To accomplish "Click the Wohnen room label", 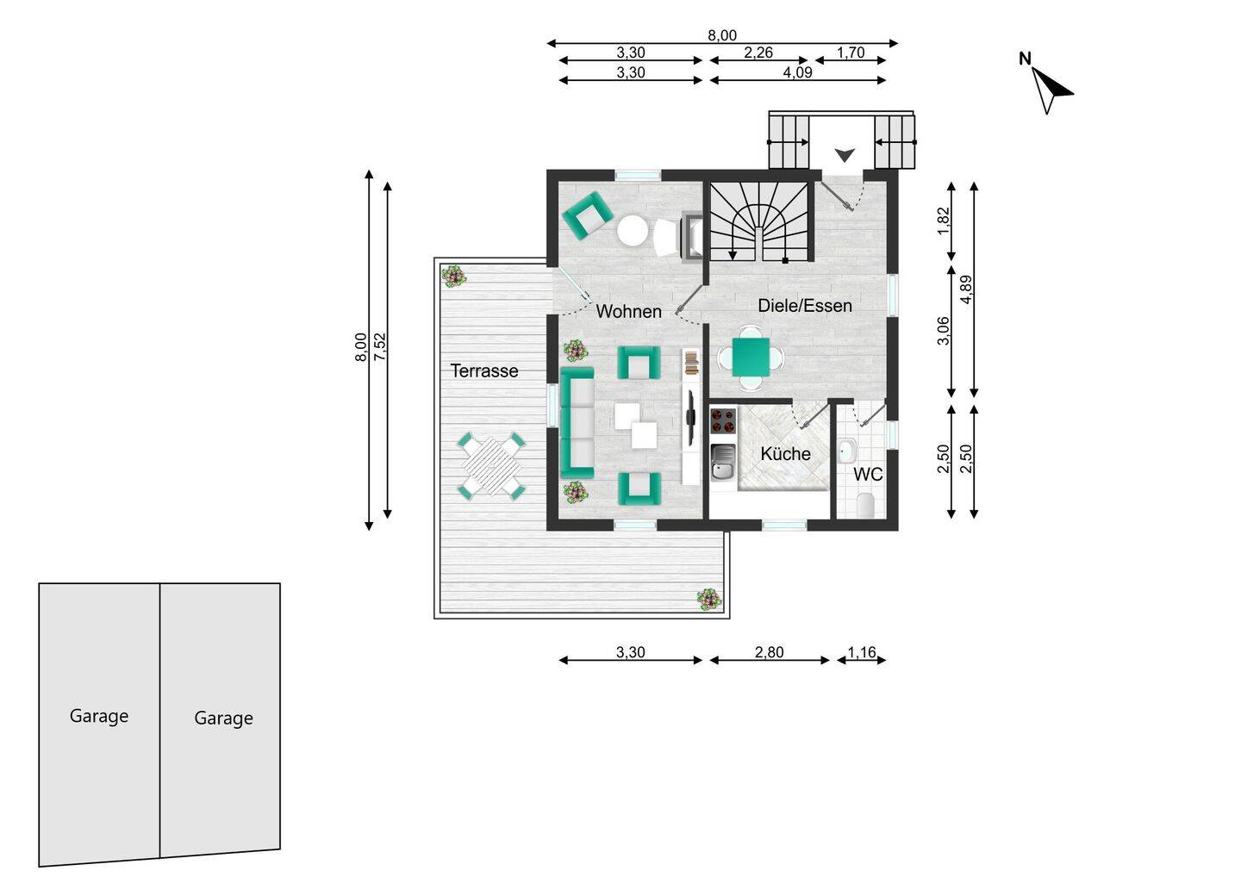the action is (x=629, y=312).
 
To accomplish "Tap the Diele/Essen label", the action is (x=805, y=306).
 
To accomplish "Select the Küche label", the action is (x=786, y=454).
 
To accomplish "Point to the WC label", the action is (x=868, y=475).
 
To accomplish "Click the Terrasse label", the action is (x=484, y=371).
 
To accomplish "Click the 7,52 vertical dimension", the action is (x=380, y=346).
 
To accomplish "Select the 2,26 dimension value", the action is (x=758, y=53).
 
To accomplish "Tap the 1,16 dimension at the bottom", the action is (x=862, y=652).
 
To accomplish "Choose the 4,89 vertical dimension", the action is (x=966, y=289).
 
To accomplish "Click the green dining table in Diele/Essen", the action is (x=751, y=358).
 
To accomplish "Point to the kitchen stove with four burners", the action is (x=723, y=420).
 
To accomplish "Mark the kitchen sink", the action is (x=723, y=462).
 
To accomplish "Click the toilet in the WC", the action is (x=865, y=504).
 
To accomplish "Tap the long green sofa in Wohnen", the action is (x=577, y=422).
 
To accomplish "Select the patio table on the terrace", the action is (x=491, y=465).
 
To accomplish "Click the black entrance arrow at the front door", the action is (x=845, y=156).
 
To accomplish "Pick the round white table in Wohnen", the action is (x=633, y=230).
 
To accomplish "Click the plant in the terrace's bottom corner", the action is (x=708, y=600).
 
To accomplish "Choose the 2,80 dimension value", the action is (x=769, y=652).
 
